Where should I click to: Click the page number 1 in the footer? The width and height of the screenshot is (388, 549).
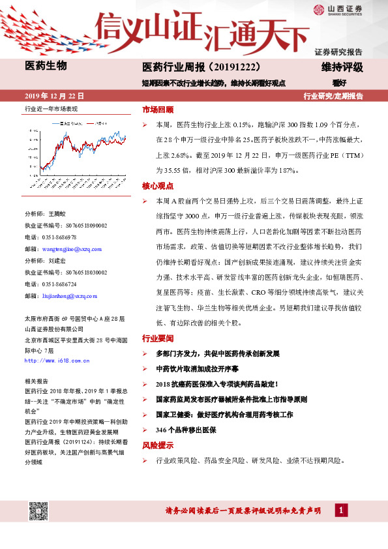340,511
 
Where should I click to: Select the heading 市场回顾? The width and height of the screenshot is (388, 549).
158,110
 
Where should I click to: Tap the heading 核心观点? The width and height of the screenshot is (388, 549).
158,186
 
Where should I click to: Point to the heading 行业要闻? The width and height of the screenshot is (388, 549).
158,338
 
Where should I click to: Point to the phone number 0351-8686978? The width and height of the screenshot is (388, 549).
59,237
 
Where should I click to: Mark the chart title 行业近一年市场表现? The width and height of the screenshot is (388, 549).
51,109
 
